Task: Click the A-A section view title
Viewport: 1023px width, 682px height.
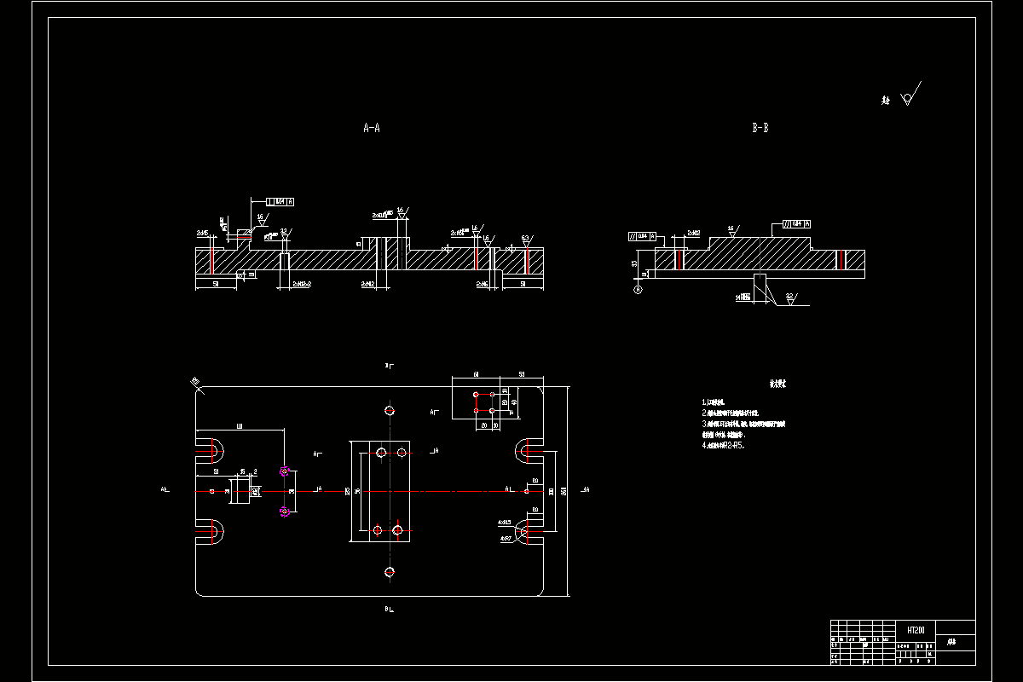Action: point(372,129)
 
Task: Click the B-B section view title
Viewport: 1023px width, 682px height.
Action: point(760,129)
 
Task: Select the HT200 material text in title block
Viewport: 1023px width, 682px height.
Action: point(916,630)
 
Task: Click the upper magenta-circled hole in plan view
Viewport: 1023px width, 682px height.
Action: point(285,471)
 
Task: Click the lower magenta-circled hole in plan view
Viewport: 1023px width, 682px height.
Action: point(285,511)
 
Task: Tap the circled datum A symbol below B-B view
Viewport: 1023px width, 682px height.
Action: point(637,290)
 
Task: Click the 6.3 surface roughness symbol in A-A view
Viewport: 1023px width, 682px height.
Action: point(526,240)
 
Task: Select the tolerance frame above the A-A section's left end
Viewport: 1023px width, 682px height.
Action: point(280,202)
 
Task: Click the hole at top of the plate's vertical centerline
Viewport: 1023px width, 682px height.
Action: point(390,410)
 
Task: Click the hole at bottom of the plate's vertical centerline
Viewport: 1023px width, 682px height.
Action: point(390,571)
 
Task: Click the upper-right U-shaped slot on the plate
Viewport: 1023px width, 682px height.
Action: point(527,448)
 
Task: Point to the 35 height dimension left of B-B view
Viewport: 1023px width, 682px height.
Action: point(634,263)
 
